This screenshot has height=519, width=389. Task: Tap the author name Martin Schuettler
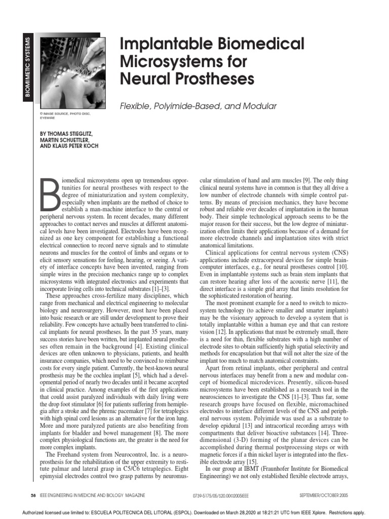[x=66, y=139]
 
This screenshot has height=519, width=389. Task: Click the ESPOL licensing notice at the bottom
[x=194, y=512]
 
